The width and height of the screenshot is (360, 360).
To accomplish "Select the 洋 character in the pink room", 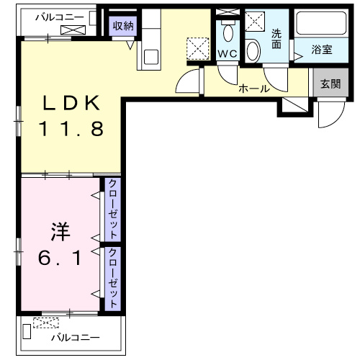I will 59,233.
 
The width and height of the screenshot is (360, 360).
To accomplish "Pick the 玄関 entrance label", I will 330,84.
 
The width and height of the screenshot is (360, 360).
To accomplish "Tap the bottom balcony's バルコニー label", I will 75,337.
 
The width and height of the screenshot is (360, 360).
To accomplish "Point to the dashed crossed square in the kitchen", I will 197,48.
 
